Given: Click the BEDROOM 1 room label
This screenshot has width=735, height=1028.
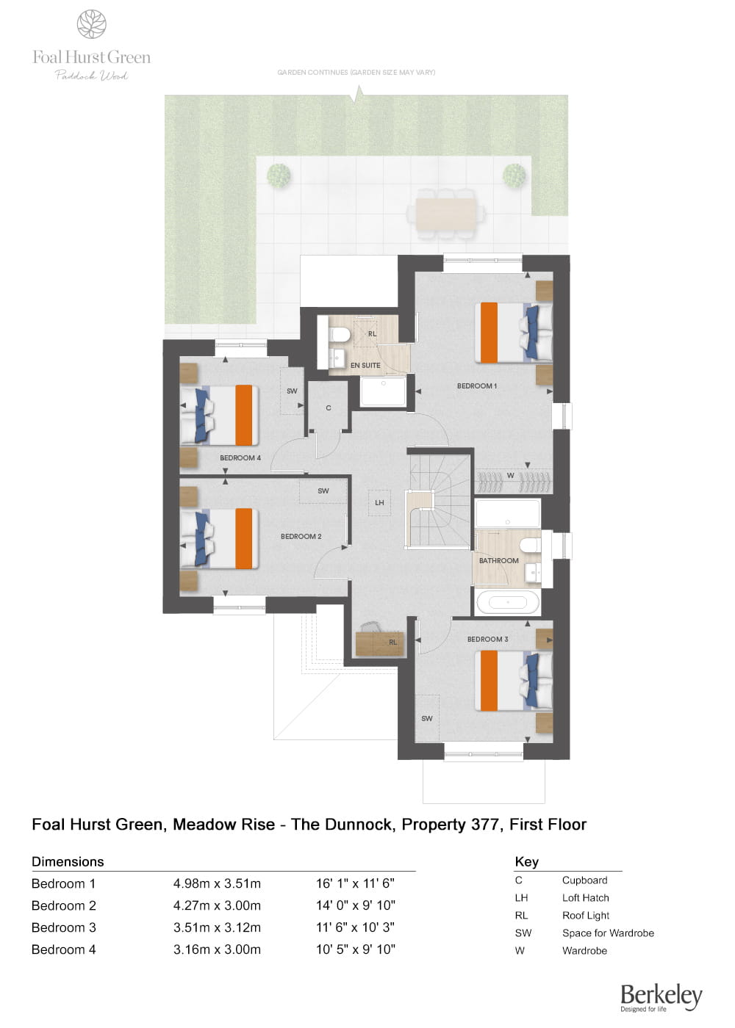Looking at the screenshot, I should pyautogui.click(x=476, y=385).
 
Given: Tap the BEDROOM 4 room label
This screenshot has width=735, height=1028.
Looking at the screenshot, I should pyautogui.click(x=240, y=457).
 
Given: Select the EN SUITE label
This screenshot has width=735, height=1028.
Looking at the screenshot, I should pyautogui.click(x=365, y=365).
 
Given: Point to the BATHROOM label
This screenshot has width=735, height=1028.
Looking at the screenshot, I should pyautogui.click(x=498, y=560).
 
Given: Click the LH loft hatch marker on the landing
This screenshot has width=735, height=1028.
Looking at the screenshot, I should pyautogui.click(x=379, y=503).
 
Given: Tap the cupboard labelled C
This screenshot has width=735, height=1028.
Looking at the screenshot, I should pyautogui.click(x=329, y=408).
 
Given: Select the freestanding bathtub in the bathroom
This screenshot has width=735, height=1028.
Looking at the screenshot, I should pyautogui.click(x=507, y=603).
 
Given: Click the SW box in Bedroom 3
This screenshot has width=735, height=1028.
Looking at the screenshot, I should pyautogui.click(x=427, y=718).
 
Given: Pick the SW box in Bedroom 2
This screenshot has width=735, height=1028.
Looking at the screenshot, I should pyautogui.click(x=323, y=491).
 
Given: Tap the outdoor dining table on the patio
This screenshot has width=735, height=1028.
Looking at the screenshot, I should pyautogui.click(x=445, y=214).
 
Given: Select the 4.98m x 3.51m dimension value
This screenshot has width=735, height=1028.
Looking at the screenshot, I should pyautogui.click(x=217, y=883).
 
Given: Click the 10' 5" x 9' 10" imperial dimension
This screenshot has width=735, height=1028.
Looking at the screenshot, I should pyautogui.click(x=356, y=949).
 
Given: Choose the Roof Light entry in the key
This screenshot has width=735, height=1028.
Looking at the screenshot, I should pyautogui.click(x=585, y=916).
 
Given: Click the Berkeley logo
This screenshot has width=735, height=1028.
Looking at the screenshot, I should pyautogui.click(x=661, y=997).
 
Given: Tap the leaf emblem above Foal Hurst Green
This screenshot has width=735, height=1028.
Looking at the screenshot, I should pyautogui.click(x=92, y=24).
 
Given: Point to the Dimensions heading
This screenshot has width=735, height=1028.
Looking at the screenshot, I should pyautogui.click(x=68, y=862).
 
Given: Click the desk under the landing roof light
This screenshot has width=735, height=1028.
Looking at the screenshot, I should pyautogui.click(x=379, y=642).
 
